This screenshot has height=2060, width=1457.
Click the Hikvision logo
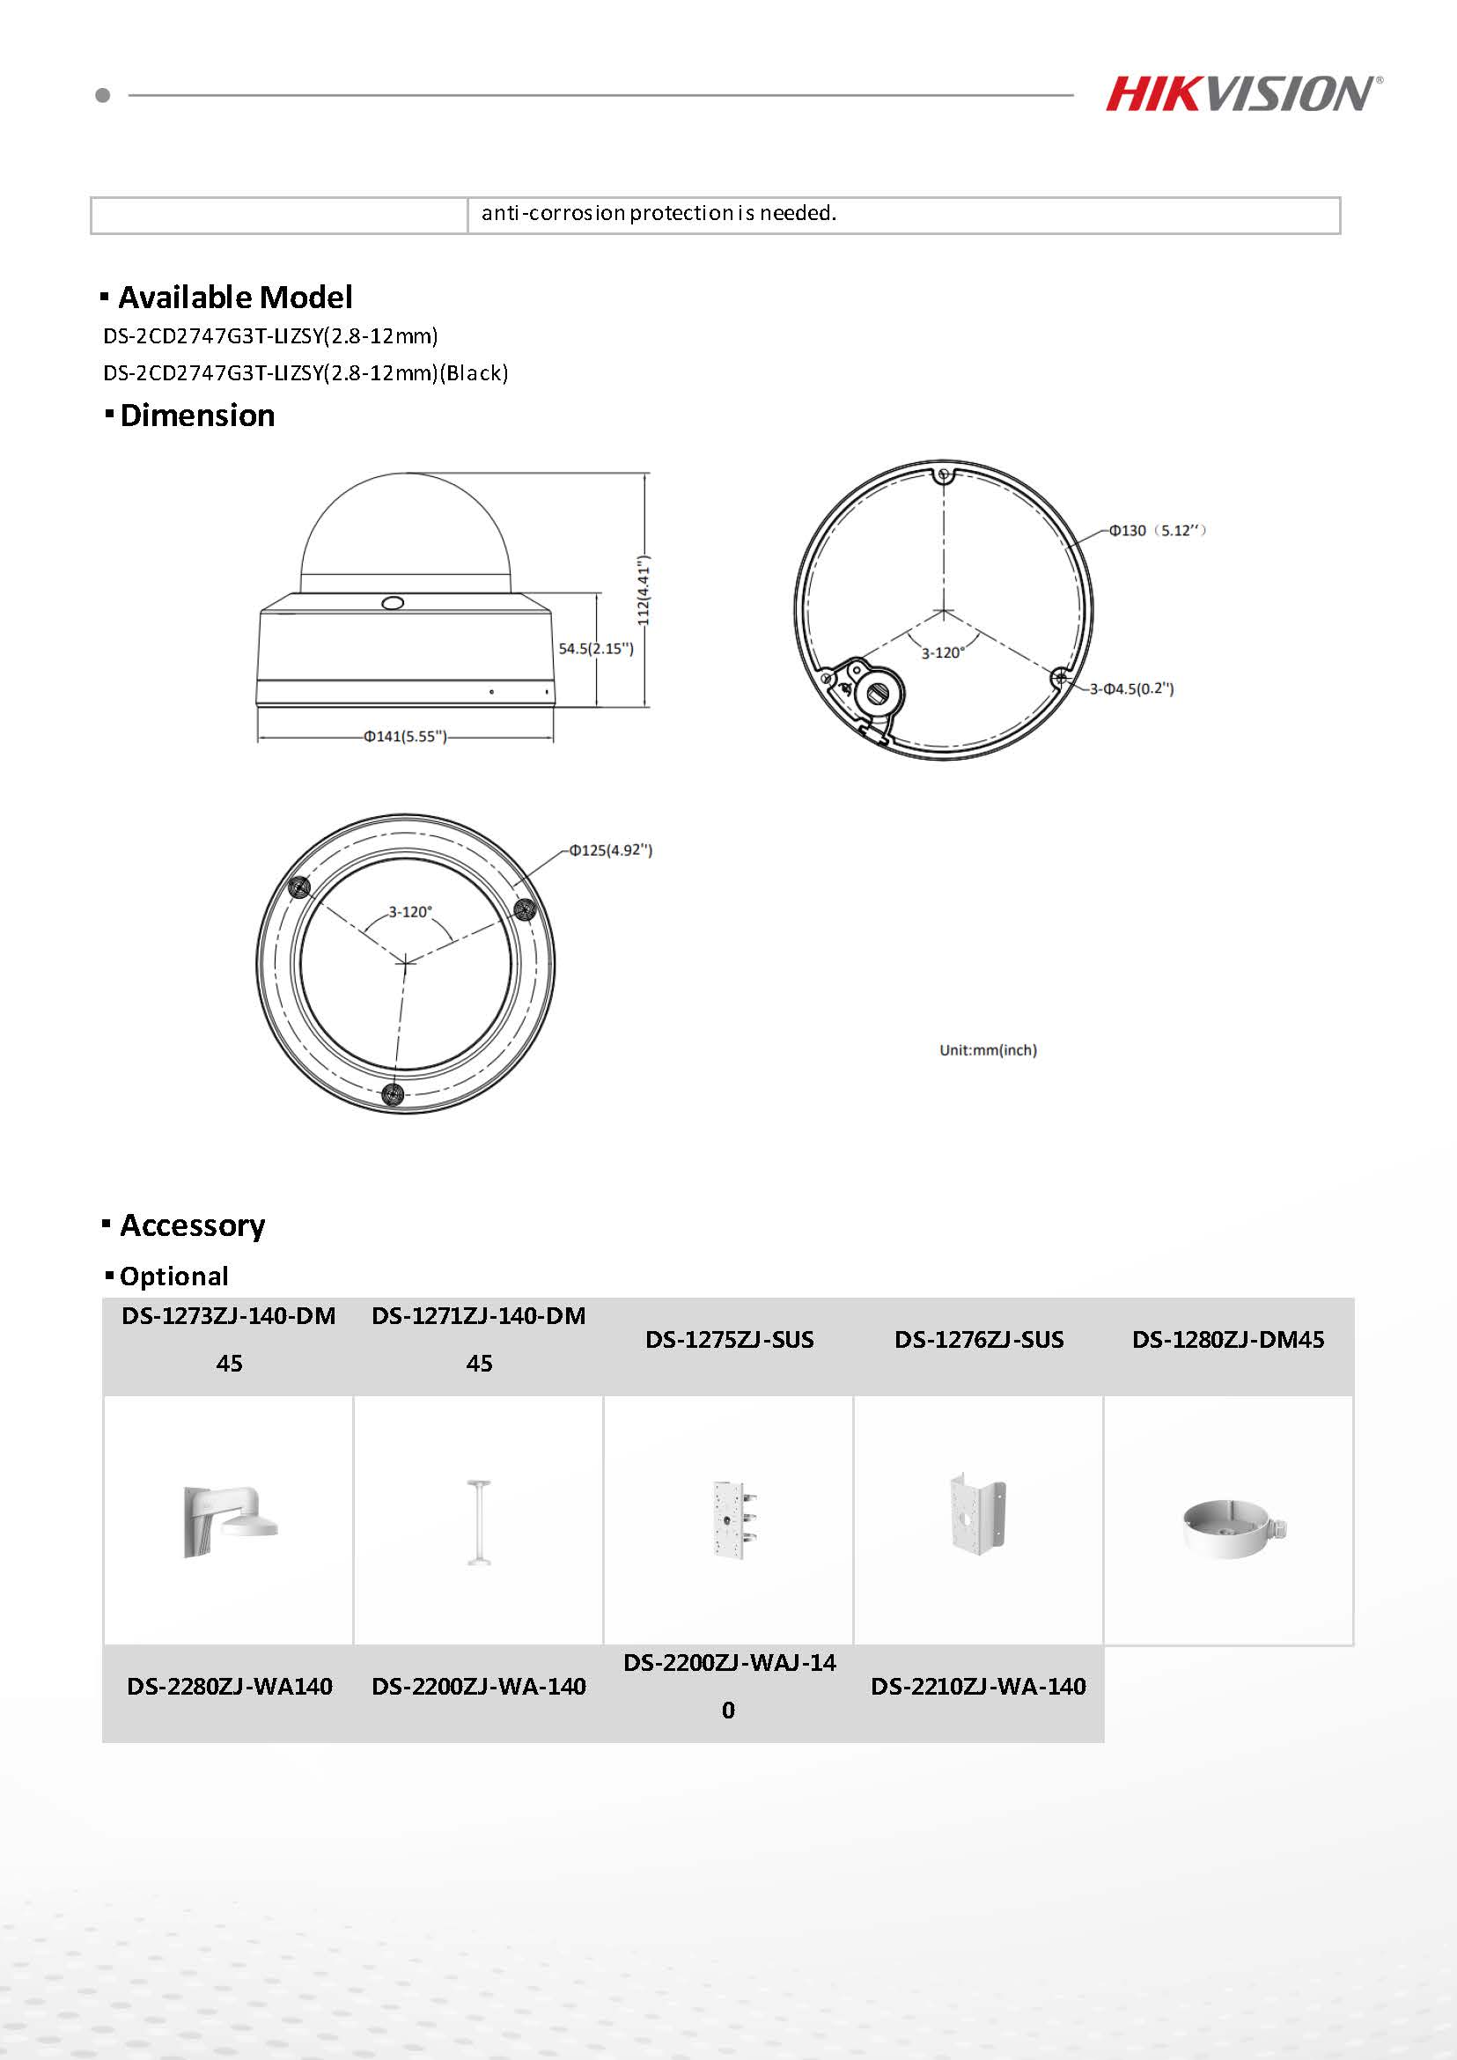[x=1242, y=94]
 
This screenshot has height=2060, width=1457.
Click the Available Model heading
[x=235, y=297]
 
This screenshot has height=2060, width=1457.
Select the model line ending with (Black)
[x=305, y=373]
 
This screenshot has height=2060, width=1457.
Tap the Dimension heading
[x=196, y=416]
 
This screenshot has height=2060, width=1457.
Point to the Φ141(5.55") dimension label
[x=405, y=737]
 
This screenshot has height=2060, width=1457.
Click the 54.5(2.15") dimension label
[x=596, y=648]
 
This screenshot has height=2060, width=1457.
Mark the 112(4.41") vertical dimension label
[x=644, y=591]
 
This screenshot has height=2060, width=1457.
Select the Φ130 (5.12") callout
[x=1157, y=530]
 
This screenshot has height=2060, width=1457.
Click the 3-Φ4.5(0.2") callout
[x=1131, y=689]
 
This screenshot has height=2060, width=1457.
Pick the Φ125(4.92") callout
[x=611, y=850]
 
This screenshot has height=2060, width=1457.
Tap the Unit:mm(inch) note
[x=988, y=1049]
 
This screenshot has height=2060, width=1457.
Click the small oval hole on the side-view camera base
[x=392, y=603]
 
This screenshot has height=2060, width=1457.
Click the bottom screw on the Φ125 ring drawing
[x=392, y=1093]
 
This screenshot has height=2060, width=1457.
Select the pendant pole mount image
[x=478, y=1522]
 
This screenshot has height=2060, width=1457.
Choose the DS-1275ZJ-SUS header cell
[x=729, y=1340]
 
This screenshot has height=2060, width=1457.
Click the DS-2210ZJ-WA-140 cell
[x=978, y=1687]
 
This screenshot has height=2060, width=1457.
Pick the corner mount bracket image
[x=978, y=1514]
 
